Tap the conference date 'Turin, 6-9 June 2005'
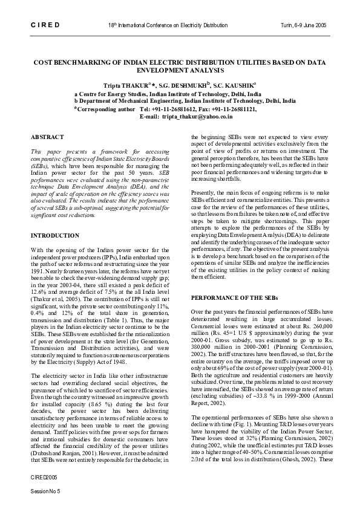(x=305, y=26)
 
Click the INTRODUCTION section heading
(x=55, y=235)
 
